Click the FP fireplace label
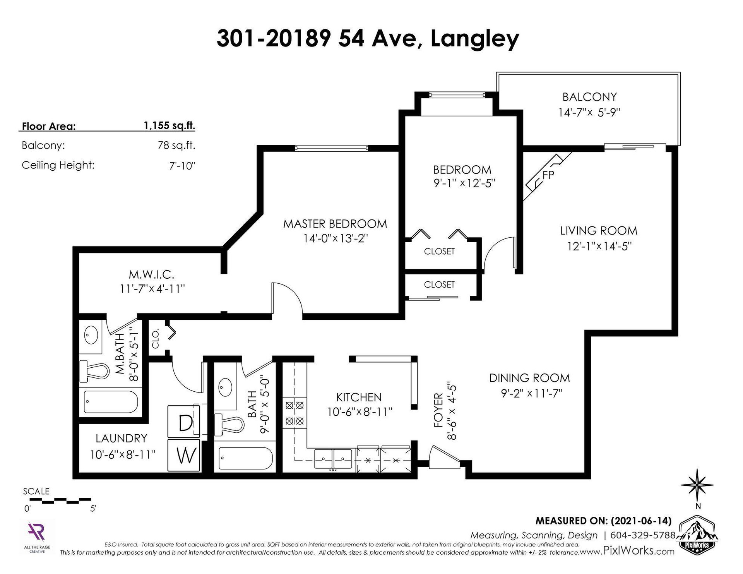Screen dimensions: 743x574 [548, 175]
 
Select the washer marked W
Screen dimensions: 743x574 [184, 455]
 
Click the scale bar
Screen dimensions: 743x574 [60, 501]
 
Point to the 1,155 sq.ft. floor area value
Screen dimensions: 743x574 [169, 126]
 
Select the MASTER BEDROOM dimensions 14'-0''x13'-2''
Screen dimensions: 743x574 [335, 238]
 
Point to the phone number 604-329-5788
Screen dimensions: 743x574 [642, 535]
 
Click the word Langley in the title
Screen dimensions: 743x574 [475, 39]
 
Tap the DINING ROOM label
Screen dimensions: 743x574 [529, 378]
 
